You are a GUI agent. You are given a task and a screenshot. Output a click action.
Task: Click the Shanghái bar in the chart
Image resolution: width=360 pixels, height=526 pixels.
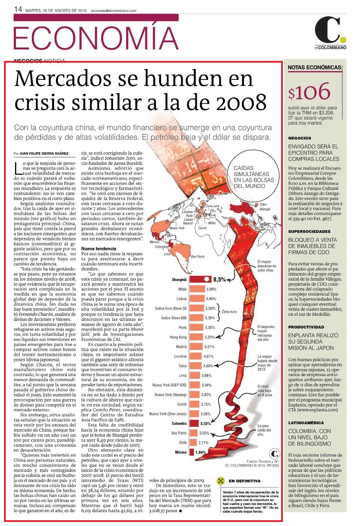(x=201, y=279)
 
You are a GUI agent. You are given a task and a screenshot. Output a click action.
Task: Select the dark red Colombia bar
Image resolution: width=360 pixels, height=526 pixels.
(x=194, y=423)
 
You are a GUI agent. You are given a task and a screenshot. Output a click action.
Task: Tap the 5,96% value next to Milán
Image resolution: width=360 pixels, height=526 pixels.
(x=211, y=289)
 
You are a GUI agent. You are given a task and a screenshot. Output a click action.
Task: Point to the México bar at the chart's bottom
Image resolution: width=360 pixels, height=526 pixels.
(x=192, y=452)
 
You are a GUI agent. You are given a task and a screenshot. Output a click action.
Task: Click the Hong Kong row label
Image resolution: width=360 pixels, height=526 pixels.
(x=178, y=337)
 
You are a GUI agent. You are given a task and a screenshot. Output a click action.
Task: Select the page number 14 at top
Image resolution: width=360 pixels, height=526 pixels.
(x=18, y=9)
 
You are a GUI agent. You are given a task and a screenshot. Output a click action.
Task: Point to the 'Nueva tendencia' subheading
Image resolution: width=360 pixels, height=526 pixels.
(x=99, y=248)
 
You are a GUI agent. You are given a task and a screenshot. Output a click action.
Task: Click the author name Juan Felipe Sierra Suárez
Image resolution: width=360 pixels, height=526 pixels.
(x=44, y=153)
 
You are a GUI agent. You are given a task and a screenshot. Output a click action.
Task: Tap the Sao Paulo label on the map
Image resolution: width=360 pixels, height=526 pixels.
(x=198, y=257)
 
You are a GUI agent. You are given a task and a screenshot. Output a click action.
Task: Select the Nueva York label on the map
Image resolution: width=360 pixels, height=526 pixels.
(x=177, y=228)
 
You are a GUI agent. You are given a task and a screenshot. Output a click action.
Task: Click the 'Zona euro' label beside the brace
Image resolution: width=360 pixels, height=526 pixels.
(x=229, y=312)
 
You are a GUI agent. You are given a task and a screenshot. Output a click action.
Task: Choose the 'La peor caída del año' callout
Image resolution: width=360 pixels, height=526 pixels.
(x=264, y=430)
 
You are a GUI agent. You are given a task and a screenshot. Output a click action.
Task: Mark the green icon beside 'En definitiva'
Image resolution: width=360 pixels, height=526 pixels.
(x=221, y=481)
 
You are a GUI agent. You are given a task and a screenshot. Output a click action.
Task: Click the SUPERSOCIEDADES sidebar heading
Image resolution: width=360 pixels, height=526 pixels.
(x=309, y=231)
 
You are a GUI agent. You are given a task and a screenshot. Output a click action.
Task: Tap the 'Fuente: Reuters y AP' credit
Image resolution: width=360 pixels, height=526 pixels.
(x=263, y=461)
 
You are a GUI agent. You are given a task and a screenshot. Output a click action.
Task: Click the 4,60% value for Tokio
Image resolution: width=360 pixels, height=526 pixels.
(x=208, y=366)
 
